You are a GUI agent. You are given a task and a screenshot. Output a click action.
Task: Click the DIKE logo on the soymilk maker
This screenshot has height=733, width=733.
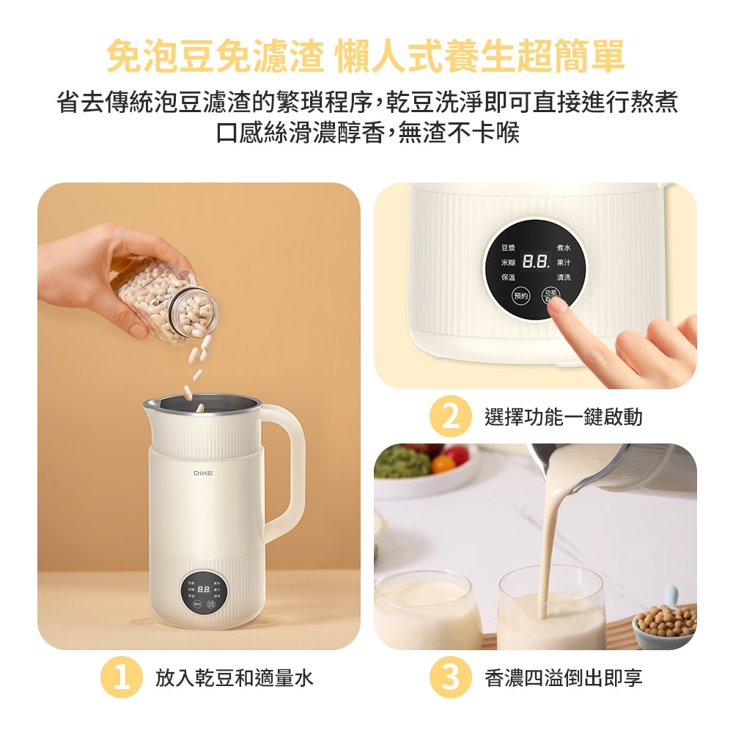(x=203, y=474)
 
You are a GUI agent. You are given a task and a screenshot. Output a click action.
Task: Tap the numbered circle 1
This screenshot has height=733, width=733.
(x=121, y=678)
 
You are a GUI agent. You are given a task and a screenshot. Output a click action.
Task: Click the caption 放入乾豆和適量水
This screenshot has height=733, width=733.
(x=234, y=678)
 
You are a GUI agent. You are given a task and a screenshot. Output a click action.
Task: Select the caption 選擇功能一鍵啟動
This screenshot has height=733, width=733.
(x=563, y=417)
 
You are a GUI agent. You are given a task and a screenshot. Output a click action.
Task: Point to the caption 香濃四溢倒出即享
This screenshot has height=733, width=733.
(x=563, y=678)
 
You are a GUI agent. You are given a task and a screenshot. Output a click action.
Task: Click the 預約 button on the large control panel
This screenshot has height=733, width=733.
(x=520, y=296)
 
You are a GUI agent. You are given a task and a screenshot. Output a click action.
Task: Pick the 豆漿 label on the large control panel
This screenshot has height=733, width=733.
(x=508, y=249)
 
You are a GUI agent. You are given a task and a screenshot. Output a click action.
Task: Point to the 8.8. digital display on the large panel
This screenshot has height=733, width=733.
(x=537, y=262)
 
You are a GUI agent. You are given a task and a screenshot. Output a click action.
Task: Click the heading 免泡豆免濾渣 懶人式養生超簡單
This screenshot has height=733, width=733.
(x=366, y=57)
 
